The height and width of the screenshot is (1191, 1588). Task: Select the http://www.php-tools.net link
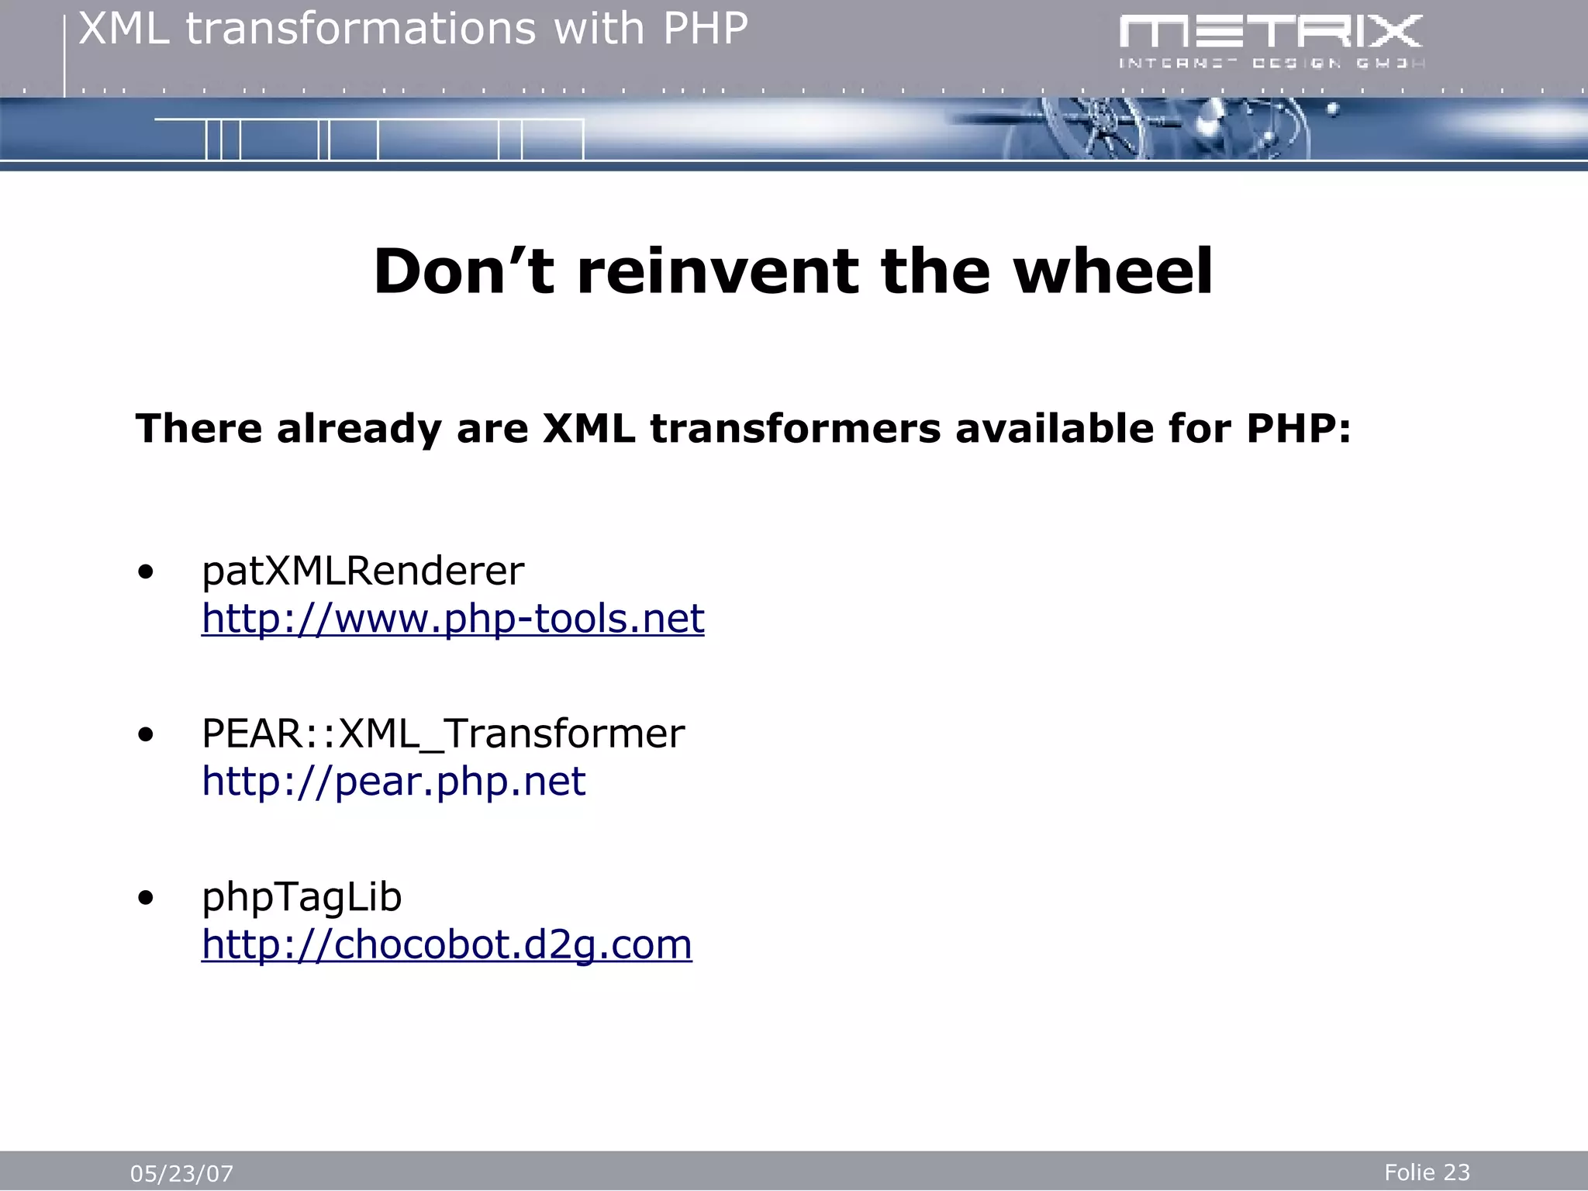[453, 620]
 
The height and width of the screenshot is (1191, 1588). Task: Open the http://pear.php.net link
[393, 782]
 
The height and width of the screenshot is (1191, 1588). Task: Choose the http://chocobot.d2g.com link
[447, 945]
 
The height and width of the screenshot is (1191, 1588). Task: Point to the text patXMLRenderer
[363, 571]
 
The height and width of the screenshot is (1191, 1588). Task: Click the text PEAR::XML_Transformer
[443, 734]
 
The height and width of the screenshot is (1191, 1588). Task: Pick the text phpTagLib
[302, 898]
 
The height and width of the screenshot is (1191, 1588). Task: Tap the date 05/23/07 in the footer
[181, 1174]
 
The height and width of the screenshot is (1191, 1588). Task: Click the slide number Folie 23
[1427, 1172]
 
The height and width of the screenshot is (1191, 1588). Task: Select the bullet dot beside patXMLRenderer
[146, 574]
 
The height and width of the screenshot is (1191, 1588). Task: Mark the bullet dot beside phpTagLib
[146, 899]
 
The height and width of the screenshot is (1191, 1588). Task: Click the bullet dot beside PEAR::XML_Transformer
[146, 736]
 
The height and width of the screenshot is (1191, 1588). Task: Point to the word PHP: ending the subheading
[1299, 429]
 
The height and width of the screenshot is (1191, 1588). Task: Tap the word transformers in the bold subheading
[795, 429]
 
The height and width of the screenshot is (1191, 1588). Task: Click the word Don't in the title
[464, 271]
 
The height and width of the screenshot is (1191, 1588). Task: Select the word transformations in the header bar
[361, 29]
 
